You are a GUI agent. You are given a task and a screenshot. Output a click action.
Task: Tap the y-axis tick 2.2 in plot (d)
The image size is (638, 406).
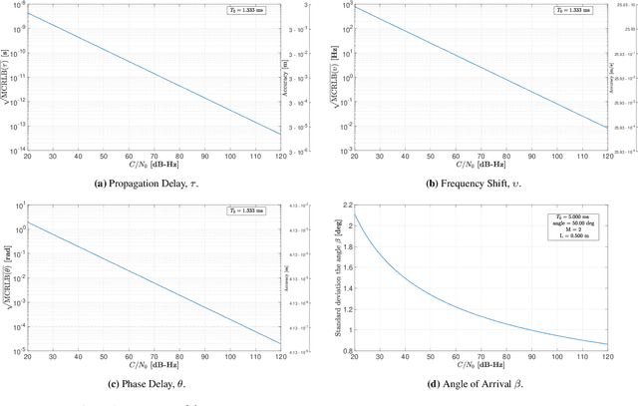[x=346, y=205]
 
